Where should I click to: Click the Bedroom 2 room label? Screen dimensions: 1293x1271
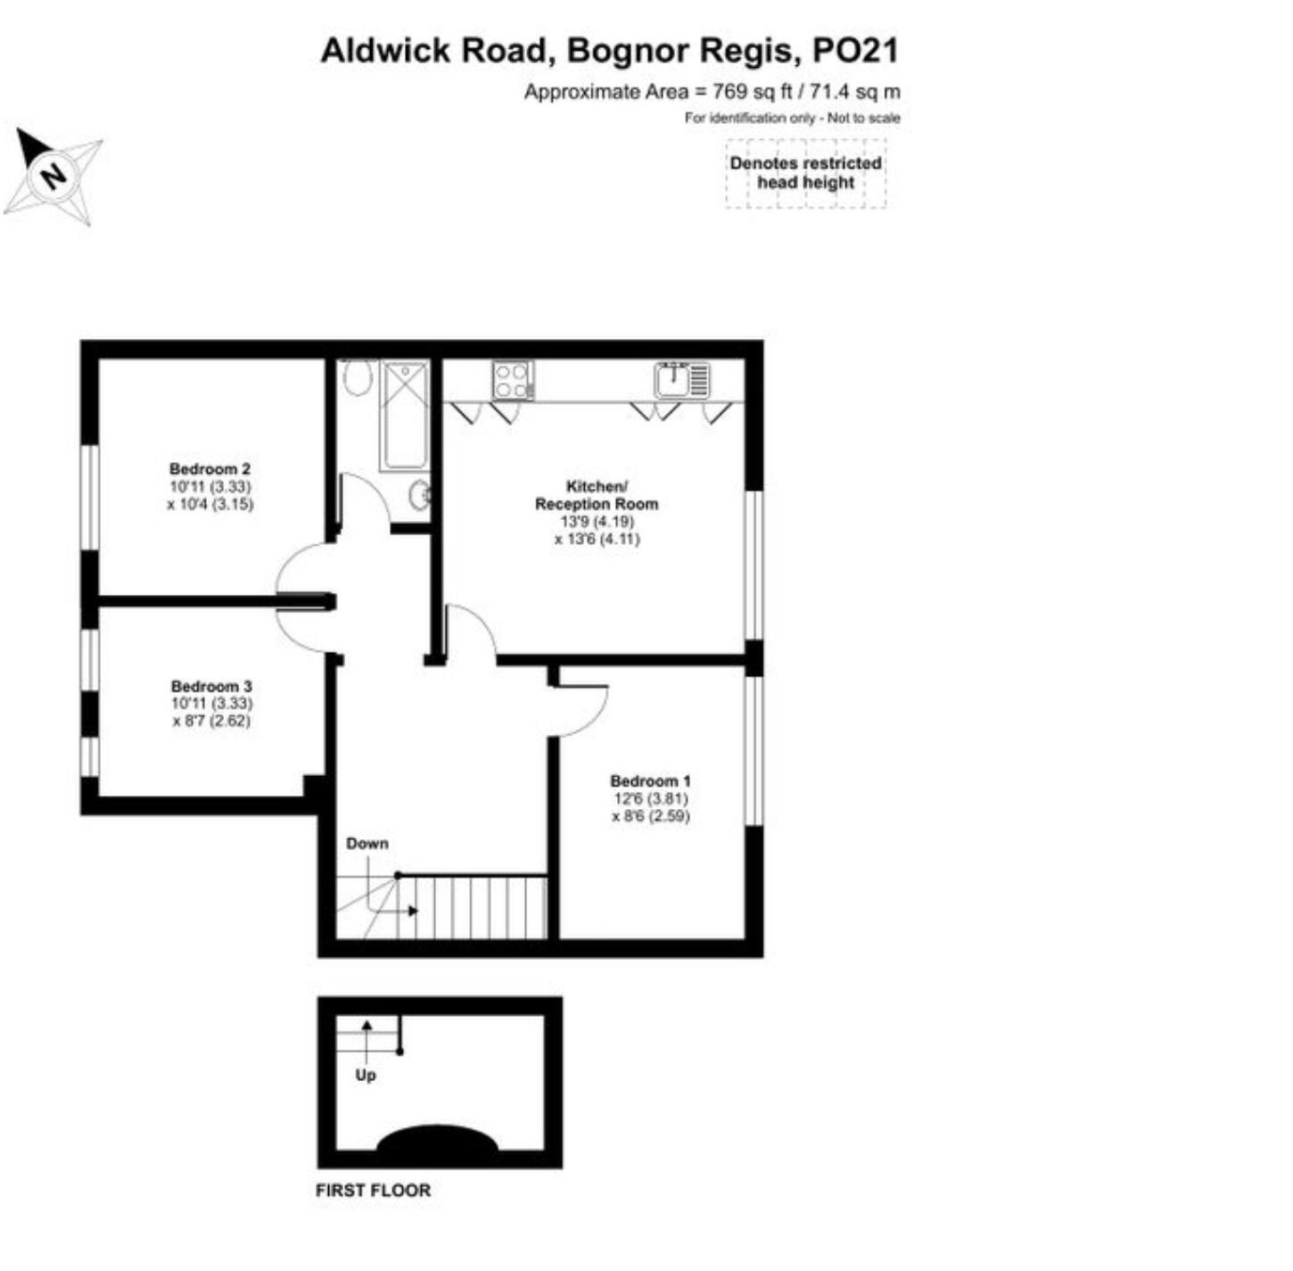click(210, 468)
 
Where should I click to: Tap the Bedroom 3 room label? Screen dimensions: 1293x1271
click(211, 686)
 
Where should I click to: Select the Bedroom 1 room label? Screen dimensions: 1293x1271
click(650, 780)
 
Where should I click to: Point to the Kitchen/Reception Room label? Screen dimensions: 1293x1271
click(597, 495)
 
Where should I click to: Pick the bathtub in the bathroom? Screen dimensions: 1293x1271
click(404, 415)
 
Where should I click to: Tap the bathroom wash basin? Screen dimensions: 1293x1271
click(419, 496)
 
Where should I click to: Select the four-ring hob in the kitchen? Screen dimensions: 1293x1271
click(514, 380)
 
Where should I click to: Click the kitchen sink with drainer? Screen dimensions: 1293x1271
click(682, 380)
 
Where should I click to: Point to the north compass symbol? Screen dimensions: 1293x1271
click(53, 176)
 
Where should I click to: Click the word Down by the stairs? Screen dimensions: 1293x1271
click(367, 843)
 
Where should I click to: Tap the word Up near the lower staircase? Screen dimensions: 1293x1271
click(366, 1075)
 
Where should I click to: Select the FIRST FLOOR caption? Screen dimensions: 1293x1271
click(373, 1191)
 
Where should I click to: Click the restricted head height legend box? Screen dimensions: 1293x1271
click(806, 173)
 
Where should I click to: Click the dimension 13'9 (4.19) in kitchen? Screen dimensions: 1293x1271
click(597, 521)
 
